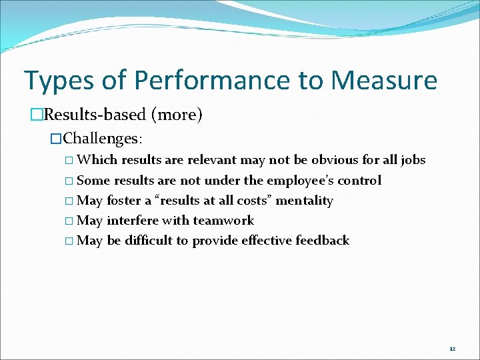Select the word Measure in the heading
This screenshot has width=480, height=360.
click(x=384, y=81)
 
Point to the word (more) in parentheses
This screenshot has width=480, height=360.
click(x=177, y=115)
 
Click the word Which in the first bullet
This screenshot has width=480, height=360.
click(x=97, y=160)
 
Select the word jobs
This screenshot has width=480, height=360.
click(x=413, y=160)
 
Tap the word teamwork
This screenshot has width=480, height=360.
click(x=223, y=221)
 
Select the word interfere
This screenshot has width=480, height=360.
click(x=133, y=221)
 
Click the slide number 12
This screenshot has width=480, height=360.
click(x=452, y=349)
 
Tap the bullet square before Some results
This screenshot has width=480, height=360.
click(x=71, y=181)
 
